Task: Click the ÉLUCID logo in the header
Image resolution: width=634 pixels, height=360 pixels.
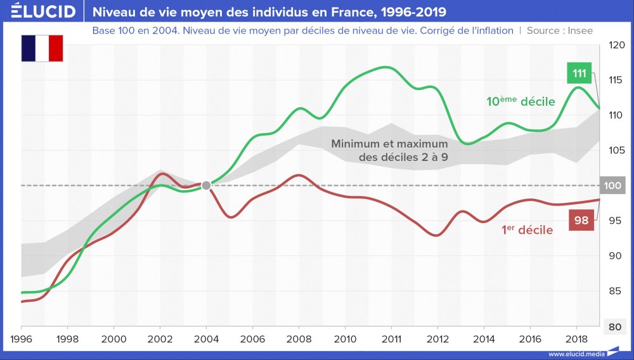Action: (x=44, y=11)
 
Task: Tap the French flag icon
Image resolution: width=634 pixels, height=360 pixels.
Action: (x=42, y=49)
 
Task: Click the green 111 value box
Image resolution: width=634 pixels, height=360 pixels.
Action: (x=579, y=74)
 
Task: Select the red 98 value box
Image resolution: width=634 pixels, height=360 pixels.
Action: (x=581, y=220)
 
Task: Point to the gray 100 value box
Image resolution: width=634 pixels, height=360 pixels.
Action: (x=612, y=186)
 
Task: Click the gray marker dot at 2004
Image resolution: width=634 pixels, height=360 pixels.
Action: (x=206, y=185)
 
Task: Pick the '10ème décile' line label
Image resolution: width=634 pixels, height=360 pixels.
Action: (x=521, y=101)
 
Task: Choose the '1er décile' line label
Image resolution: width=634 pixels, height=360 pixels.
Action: (x=527, y=230)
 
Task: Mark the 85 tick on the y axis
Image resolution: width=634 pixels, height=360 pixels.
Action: (x=614, y=292)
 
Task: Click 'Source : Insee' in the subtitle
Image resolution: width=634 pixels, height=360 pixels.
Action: (x=560, y=30)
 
